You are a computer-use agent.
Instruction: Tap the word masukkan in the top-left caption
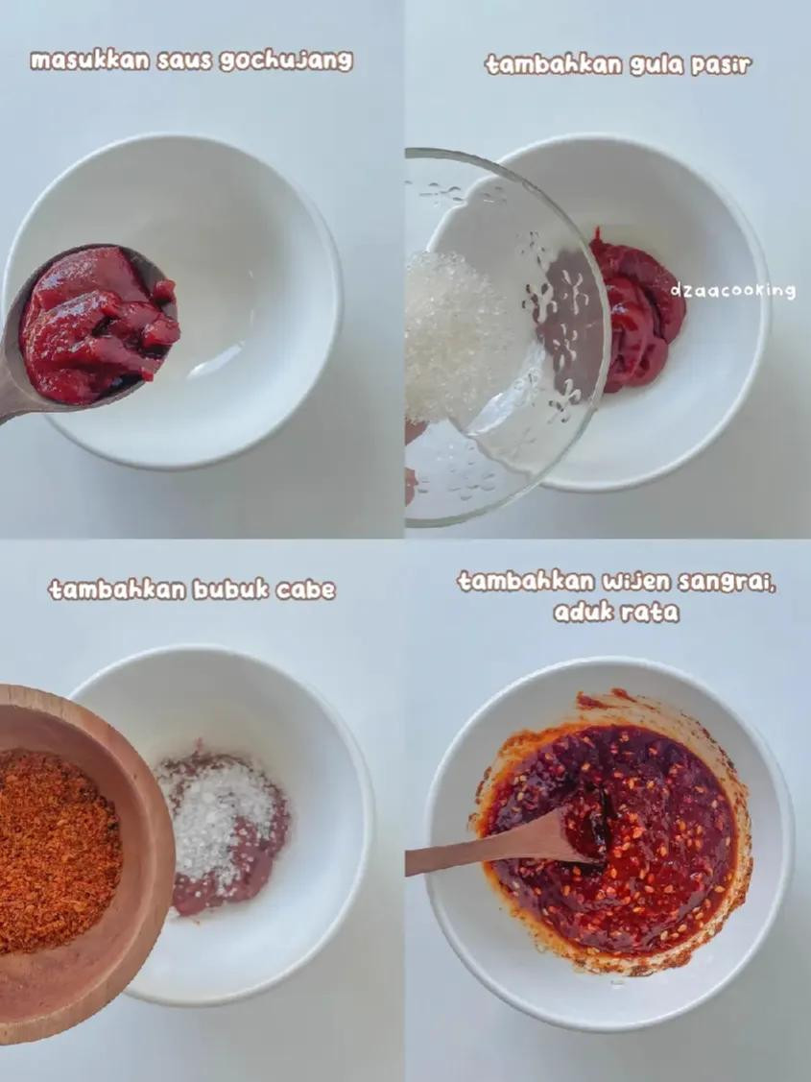click(x=89, y=60)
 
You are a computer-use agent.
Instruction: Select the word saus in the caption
click(x=184, y=60)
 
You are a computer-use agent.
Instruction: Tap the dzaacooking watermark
click(x=732, y=291)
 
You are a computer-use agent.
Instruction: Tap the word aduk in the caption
click(x=583, y=613)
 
